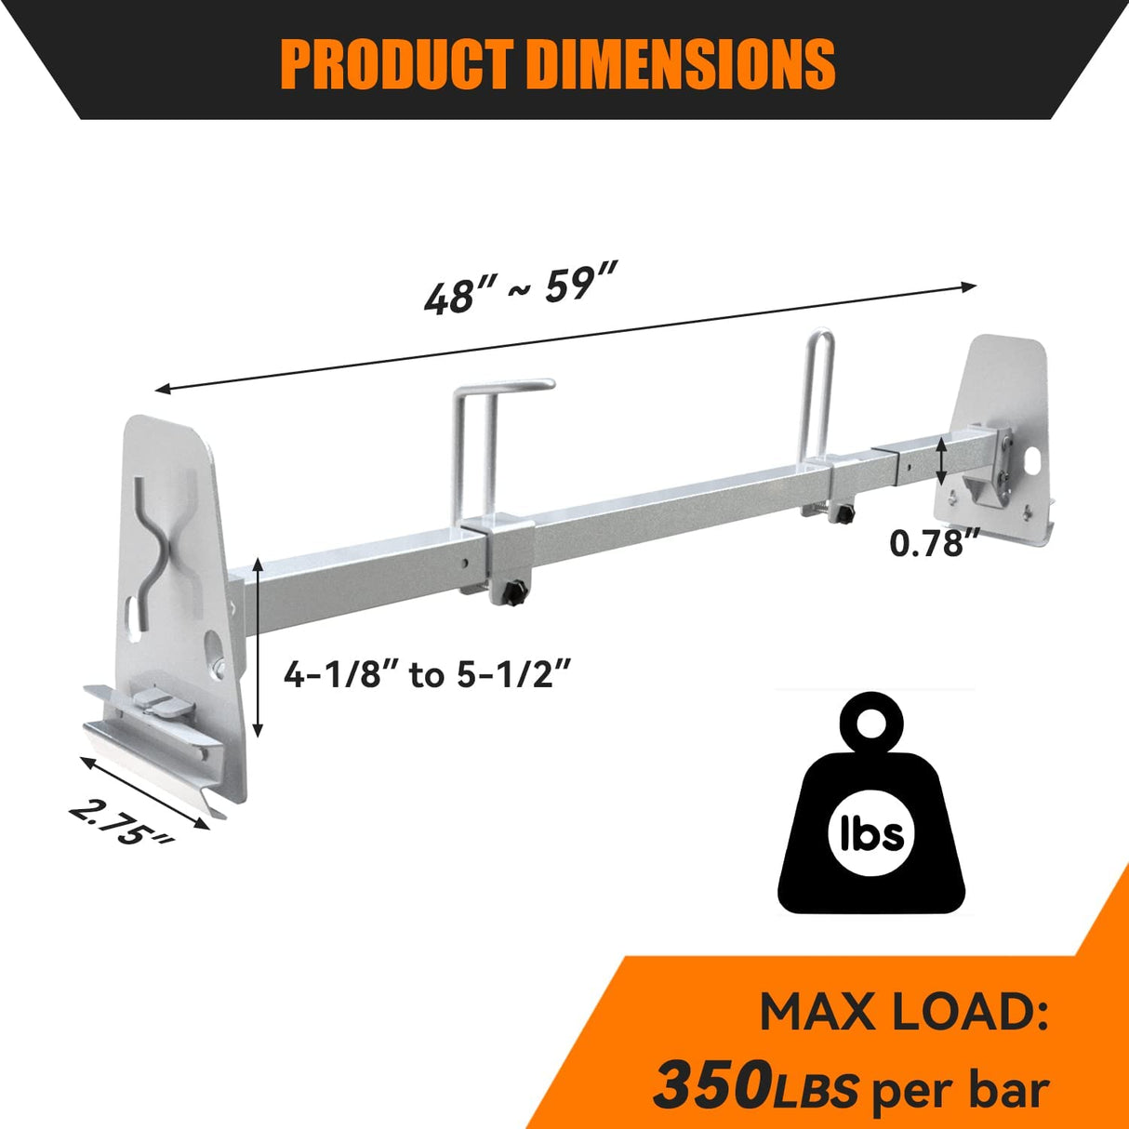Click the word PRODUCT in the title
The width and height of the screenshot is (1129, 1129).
394,63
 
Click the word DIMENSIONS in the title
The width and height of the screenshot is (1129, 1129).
680,63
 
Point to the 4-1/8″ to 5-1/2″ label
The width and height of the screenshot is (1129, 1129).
425,674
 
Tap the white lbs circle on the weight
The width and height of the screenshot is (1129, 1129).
866,831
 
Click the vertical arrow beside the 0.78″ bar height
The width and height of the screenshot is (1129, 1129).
942,462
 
